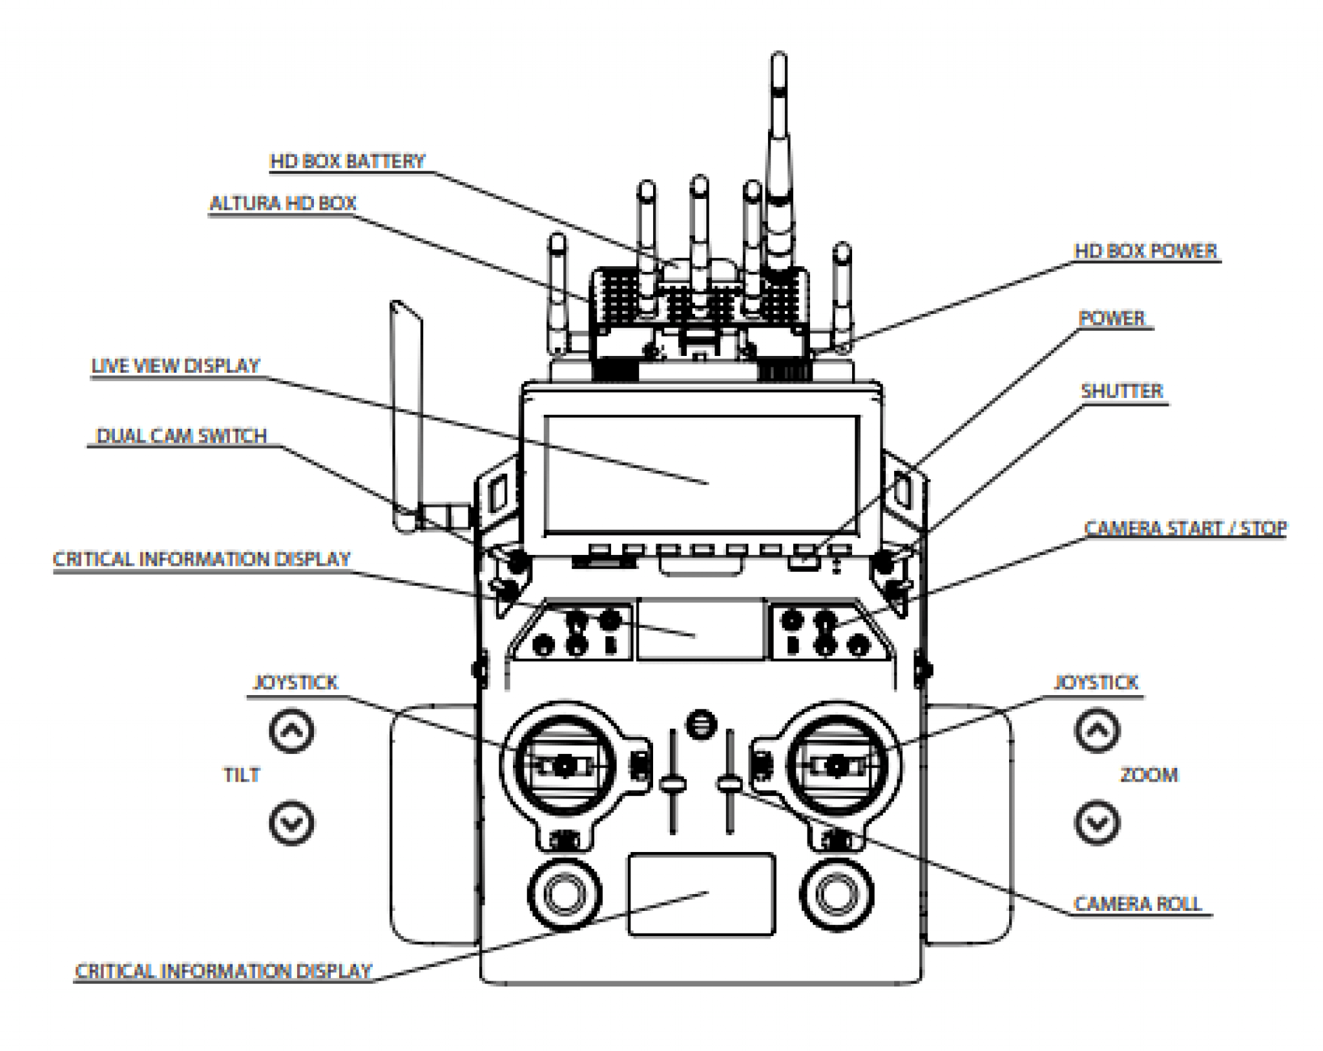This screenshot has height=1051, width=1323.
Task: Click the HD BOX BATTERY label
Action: point(348,161)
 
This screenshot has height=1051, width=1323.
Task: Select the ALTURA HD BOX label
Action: point(283,203)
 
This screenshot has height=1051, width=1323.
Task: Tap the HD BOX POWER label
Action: point(1145,251)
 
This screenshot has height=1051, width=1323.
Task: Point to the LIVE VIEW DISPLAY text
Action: point(176,366)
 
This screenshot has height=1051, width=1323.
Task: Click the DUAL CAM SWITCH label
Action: point(182,435)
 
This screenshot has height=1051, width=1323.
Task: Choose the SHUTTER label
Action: point(1122,391)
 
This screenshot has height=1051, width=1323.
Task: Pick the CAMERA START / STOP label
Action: point(1185,528)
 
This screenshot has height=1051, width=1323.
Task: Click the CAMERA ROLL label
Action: point(1138,904)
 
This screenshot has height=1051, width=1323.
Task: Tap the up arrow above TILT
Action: point(291,731)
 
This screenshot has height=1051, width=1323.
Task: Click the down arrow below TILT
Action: point(291,822)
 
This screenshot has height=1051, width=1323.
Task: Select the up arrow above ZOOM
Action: point(1097,731)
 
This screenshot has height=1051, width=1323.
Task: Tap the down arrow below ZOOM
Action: point(1097,822)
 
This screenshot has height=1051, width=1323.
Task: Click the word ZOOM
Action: point(1149,775)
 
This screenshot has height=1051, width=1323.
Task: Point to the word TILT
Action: point(242,775)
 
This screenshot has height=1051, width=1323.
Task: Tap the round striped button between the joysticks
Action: point(702,724)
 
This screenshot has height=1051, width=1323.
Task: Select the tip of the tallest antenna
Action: point(779,59)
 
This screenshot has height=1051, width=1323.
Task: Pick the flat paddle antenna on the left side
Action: point(406,413)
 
